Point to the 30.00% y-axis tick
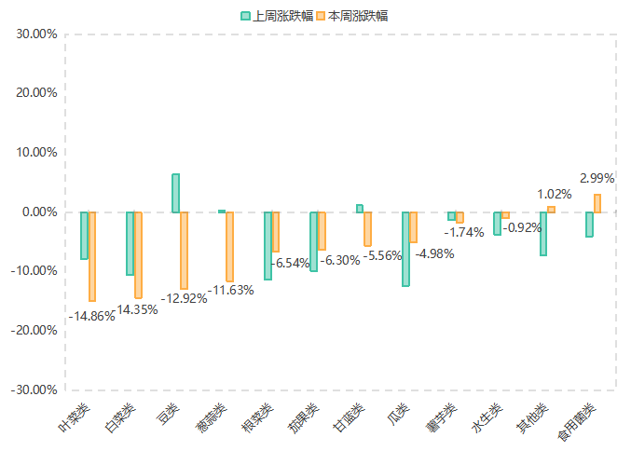coord(38,34)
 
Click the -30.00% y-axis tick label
coord(36,389)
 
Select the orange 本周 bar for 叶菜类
coord(92,256)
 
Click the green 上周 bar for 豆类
coord(175,193)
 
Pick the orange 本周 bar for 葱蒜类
coord(229,247)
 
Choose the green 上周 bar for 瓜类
coord(405,249)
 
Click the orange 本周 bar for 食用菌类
coord(597,203)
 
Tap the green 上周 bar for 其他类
coord(542,234)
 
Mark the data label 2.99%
coord(597,178)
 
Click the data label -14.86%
coord(91,316)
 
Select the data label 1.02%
coord(554,194)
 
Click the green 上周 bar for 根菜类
coord(267,246)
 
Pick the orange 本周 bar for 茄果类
coord(322,231)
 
